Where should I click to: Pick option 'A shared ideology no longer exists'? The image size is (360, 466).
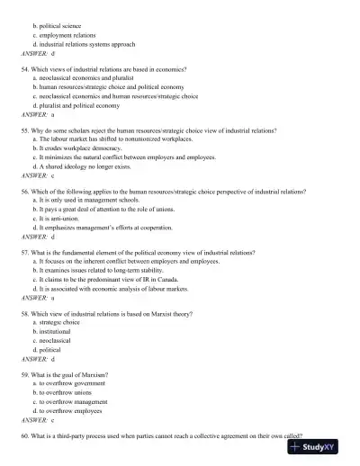[88, 166]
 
